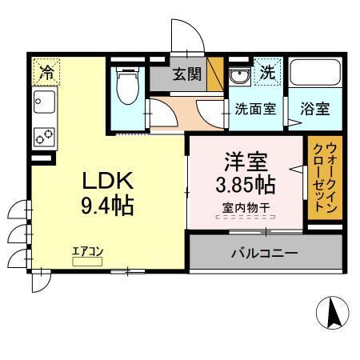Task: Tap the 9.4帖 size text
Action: pos(106,206)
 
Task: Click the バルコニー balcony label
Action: pos(265,253)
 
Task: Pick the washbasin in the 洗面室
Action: pos(238,76)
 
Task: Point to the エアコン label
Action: pos(86,251)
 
